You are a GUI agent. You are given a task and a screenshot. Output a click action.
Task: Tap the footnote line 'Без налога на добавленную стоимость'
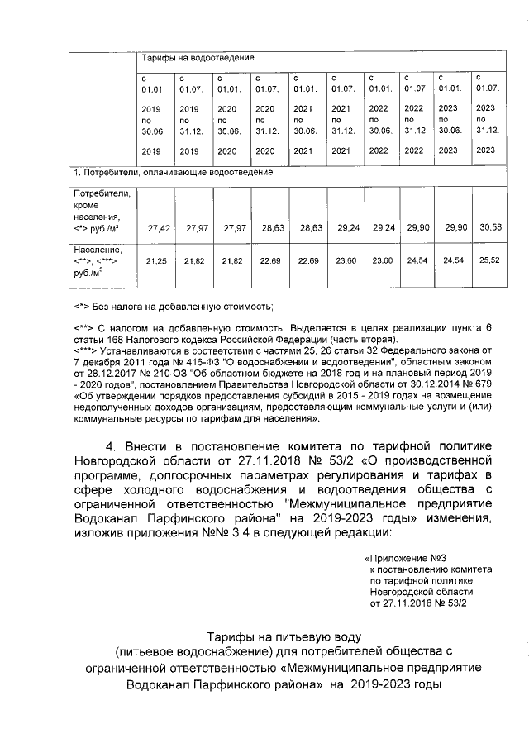(x=186, y=307)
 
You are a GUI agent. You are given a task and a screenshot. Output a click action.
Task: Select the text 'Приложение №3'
(x=403, y=559)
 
